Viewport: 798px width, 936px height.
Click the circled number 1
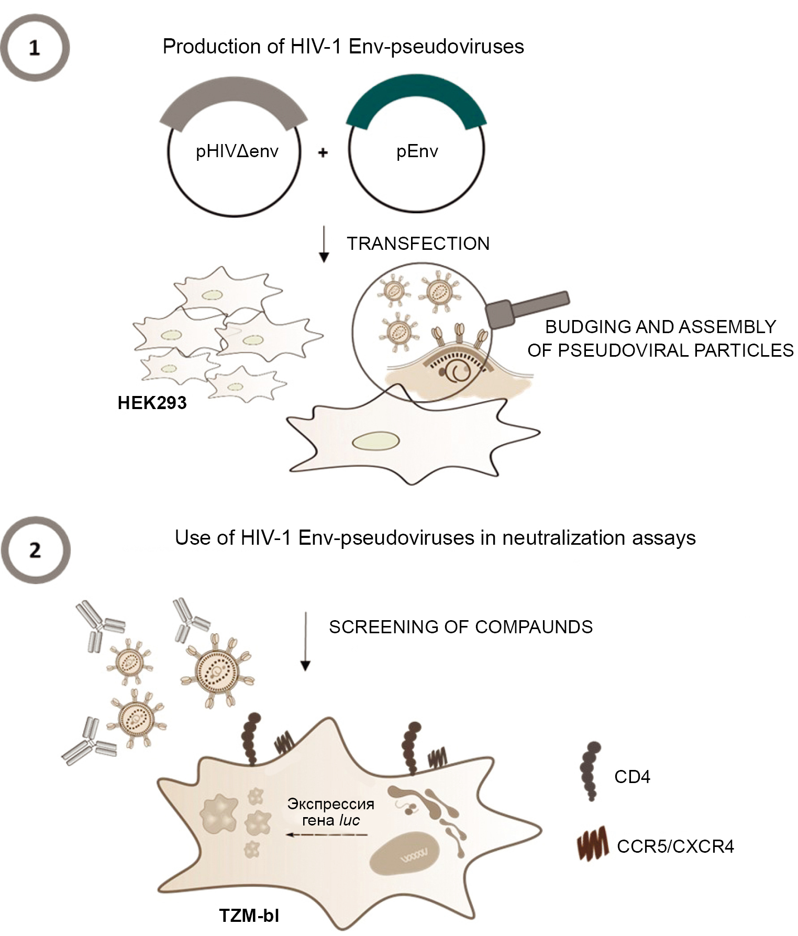pyautogui.click(x=35, y=48)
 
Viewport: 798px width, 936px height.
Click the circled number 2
pyautogui.click(x=35, y=550)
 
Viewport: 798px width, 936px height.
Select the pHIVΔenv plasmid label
pyautogui.click(x=237, y=152)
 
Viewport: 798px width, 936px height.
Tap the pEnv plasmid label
pyautogui.click(x=417, y=152)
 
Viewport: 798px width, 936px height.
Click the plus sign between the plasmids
pyautogui.click(x=323, y=152)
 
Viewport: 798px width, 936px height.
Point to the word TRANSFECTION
pyautogui.click(x=418, y=244)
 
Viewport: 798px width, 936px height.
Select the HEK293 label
pyautogui.click(x=152, y=403)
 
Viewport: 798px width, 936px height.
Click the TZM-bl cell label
pyautogui.click(x=249, y=915)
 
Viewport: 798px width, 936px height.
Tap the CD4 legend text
pyautogui.click(x=632, y=776)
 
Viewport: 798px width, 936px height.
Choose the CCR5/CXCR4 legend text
pyautogui.click(x=675, y=846)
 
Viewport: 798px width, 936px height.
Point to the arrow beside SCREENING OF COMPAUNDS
pyautogui.click(x=305, y=641)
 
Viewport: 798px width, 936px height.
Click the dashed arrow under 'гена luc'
pyautogui.click(x=327, y=835)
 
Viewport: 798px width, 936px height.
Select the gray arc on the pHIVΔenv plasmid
pyautogui.click(x=234, y=96)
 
